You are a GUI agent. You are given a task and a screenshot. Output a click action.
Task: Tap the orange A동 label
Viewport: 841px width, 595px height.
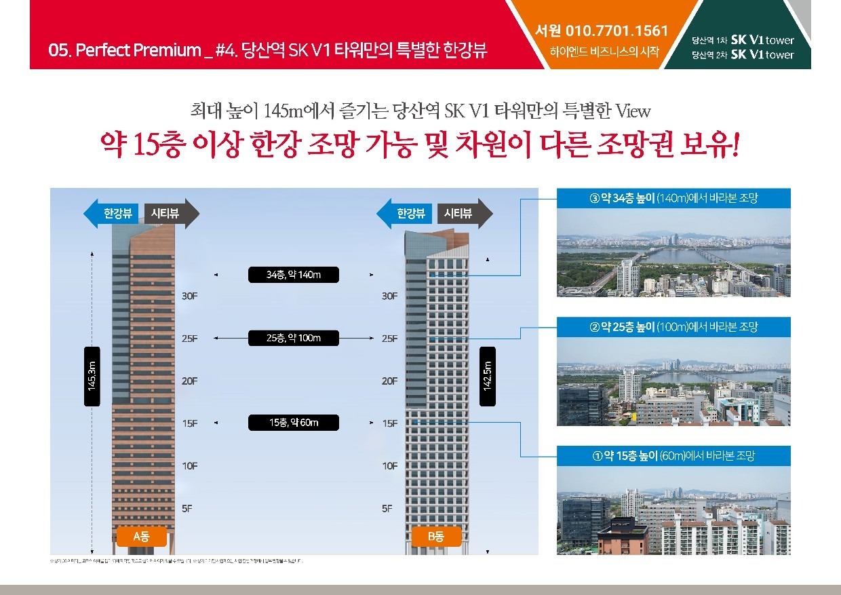tap(141, 537)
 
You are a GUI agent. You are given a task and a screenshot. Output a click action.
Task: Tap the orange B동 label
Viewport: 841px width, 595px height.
tap(435, 537)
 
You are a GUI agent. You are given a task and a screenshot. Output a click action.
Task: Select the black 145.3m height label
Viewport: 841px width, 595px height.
tap(92, 377)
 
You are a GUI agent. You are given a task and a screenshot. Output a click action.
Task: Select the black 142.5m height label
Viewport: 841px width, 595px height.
tap(487, 377)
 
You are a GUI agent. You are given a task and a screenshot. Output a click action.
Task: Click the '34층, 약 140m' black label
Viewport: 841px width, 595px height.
tap(293, 275)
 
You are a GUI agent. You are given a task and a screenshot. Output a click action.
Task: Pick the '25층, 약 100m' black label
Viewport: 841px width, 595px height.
tap(293, 338)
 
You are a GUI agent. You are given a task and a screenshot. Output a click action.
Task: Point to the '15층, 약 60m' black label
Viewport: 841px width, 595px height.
tap(293, 423)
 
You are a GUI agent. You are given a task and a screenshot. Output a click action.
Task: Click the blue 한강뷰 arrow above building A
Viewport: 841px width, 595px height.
tap(112, 214)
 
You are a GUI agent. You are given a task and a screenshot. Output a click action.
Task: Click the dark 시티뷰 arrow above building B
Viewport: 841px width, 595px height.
tap(465, 214)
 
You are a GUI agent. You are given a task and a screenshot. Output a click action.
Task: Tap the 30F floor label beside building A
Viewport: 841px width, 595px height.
tap(190, 296)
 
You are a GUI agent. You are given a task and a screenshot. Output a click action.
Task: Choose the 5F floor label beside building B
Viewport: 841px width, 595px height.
tap(387, 508)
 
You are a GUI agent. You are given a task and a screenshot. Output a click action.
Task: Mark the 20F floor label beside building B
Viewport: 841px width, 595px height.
tap(389, 381)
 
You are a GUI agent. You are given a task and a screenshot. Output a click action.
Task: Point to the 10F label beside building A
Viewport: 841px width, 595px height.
tap(190, 465)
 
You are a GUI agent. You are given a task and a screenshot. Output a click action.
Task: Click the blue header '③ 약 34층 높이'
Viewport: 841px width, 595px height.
tap(673, 198)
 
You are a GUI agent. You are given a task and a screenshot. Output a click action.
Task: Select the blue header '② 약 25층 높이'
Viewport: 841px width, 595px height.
tap(673, 327)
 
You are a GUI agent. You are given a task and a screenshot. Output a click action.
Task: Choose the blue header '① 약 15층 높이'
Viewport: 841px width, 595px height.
tap(673, 456)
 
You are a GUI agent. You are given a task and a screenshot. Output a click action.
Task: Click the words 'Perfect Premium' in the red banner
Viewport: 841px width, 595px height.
tap(138, 51)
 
